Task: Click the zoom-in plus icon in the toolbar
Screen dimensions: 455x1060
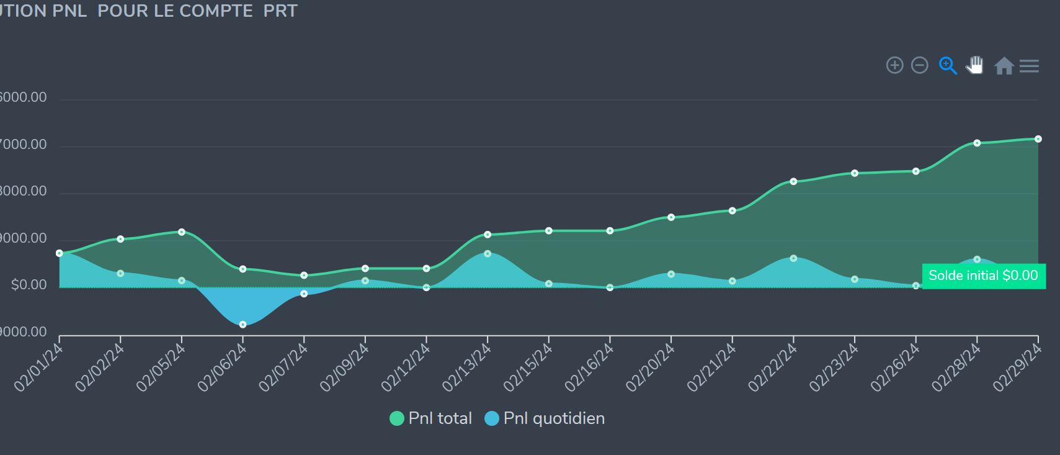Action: (x=894, y=65)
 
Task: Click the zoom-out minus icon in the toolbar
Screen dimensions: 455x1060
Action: (x=919, y=65)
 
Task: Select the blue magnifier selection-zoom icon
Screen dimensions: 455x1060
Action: (x=948, y=65)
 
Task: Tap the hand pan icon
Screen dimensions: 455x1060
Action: (x=975, y=65)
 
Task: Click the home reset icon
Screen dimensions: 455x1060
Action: (x=1004, y=66)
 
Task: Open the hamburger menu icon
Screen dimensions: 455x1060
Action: (x=1029, y=66)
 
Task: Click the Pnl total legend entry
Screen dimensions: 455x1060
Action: (x=431, y=418)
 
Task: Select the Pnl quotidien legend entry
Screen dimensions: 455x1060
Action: (x=545, y=418)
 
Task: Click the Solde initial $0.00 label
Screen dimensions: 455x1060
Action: (x=983, y=276)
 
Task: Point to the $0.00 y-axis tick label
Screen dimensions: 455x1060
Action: (x=29, y=285)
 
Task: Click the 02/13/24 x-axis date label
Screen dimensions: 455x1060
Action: (x=466, y=367)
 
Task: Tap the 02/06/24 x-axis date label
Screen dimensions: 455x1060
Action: (x=222, y=367)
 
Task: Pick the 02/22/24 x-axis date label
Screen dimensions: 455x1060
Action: (x=773, y=367)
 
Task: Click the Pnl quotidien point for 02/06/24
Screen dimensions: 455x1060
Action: (x=243, y=325)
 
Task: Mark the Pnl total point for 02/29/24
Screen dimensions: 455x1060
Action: (x=1038, y=139)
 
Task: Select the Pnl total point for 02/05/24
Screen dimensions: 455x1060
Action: (x=182, y=232)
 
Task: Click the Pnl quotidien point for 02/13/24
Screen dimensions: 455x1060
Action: (x=488, y=254)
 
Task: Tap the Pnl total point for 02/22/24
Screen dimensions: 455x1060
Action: (x=793, y=182)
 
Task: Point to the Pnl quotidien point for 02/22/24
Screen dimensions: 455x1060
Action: (x=793, y=258)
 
